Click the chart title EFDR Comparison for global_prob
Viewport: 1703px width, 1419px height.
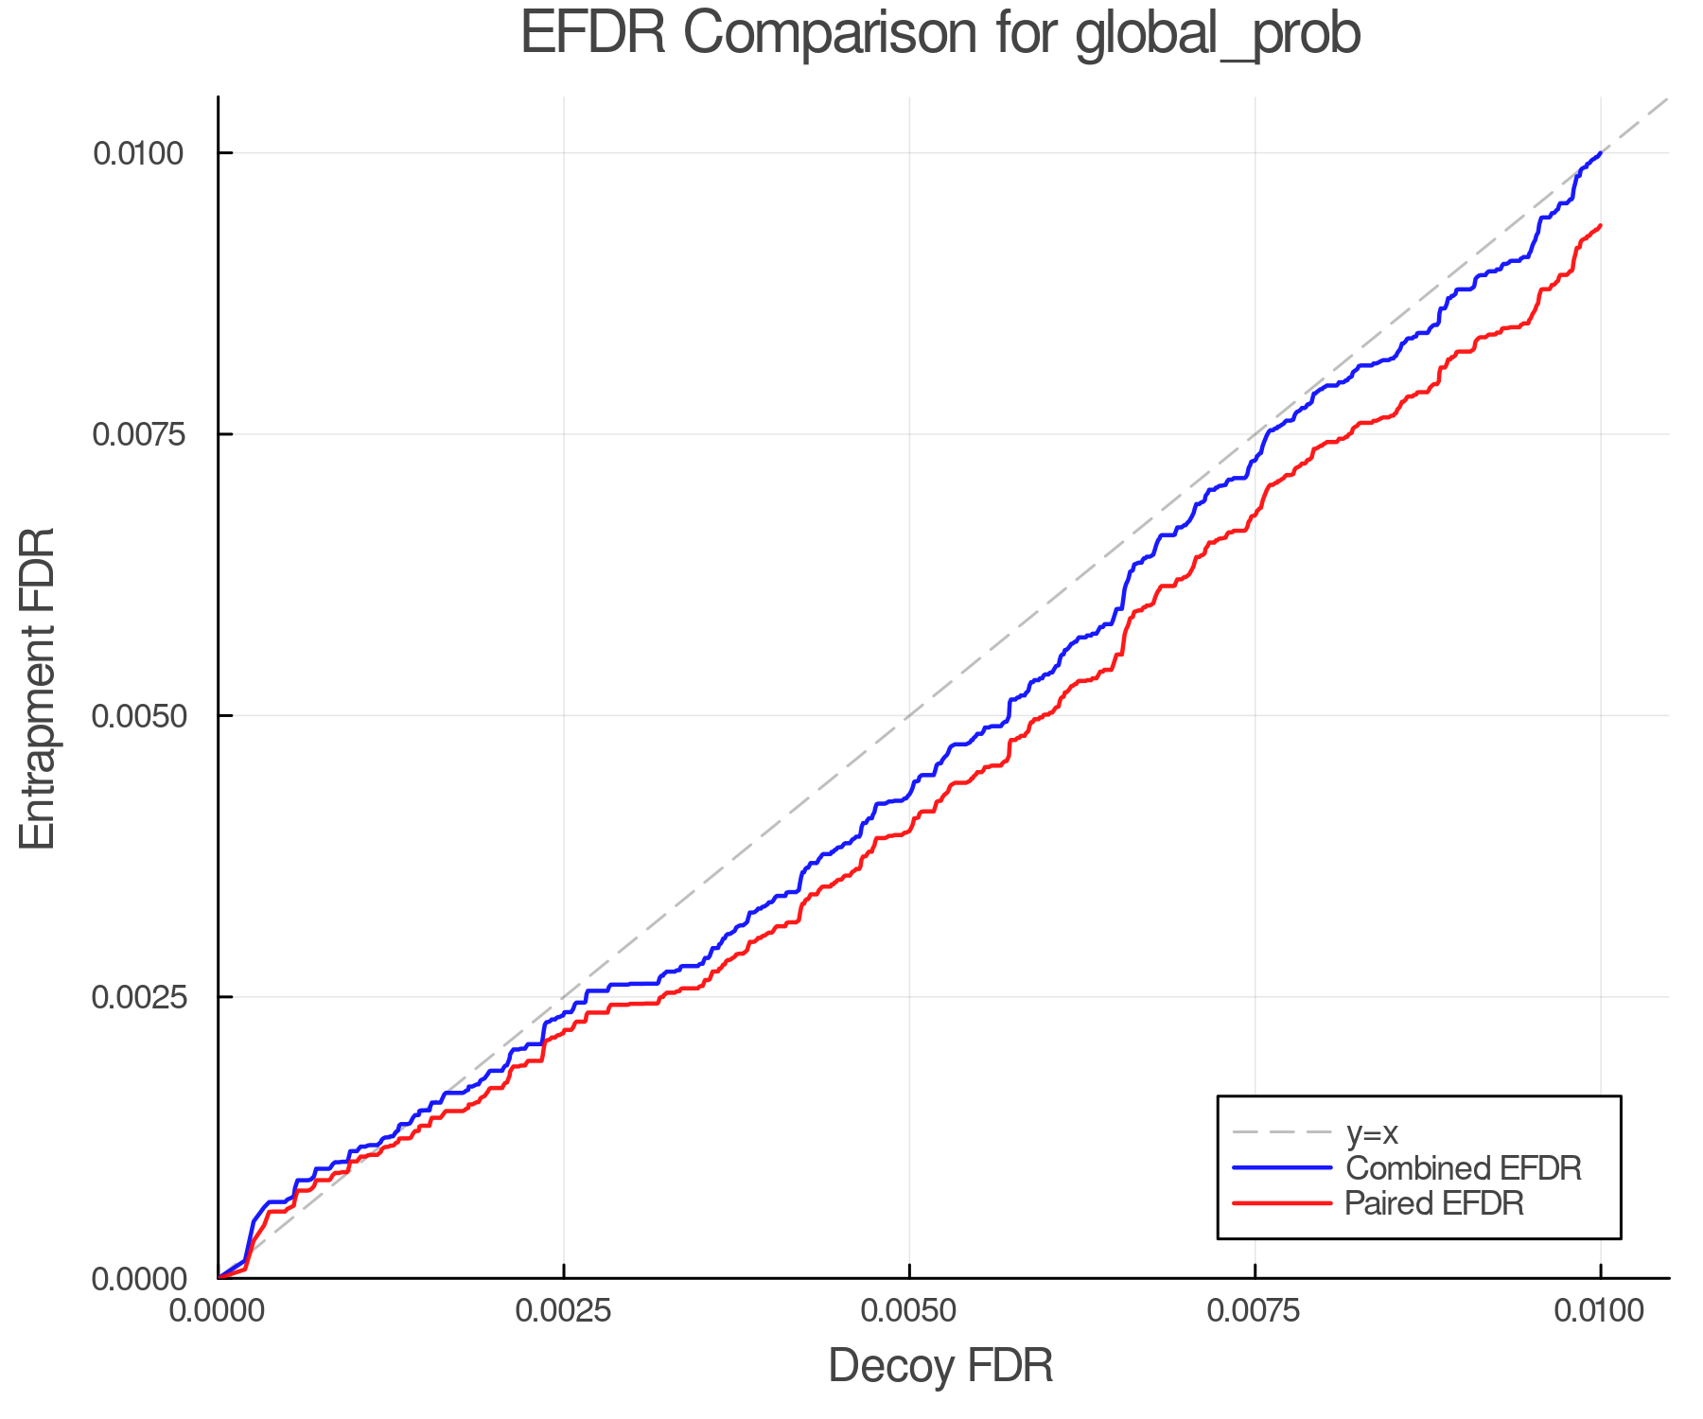940,34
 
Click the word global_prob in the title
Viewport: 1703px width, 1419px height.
1218,34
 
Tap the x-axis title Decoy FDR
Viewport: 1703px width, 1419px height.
940,1366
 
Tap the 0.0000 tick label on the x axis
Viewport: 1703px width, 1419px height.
219,1311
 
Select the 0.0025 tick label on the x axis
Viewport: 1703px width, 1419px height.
564,1311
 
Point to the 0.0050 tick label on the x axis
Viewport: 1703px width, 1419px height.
909,1311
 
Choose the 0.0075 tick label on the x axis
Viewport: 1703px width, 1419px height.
1255,1311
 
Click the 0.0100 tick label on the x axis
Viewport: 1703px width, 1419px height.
1600,1311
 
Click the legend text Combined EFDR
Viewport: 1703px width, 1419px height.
1463,1168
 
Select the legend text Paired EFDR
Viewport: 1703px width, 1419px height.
1434,1203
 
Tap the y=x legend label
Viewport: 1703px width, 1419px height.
1372,1132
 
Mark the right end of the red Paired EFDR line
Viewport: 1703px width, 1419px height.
1600,225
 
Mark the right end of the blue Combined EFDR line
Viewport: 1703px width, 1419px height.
1600,152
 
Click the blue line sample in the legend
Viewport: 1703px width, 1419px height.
1282,1168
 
